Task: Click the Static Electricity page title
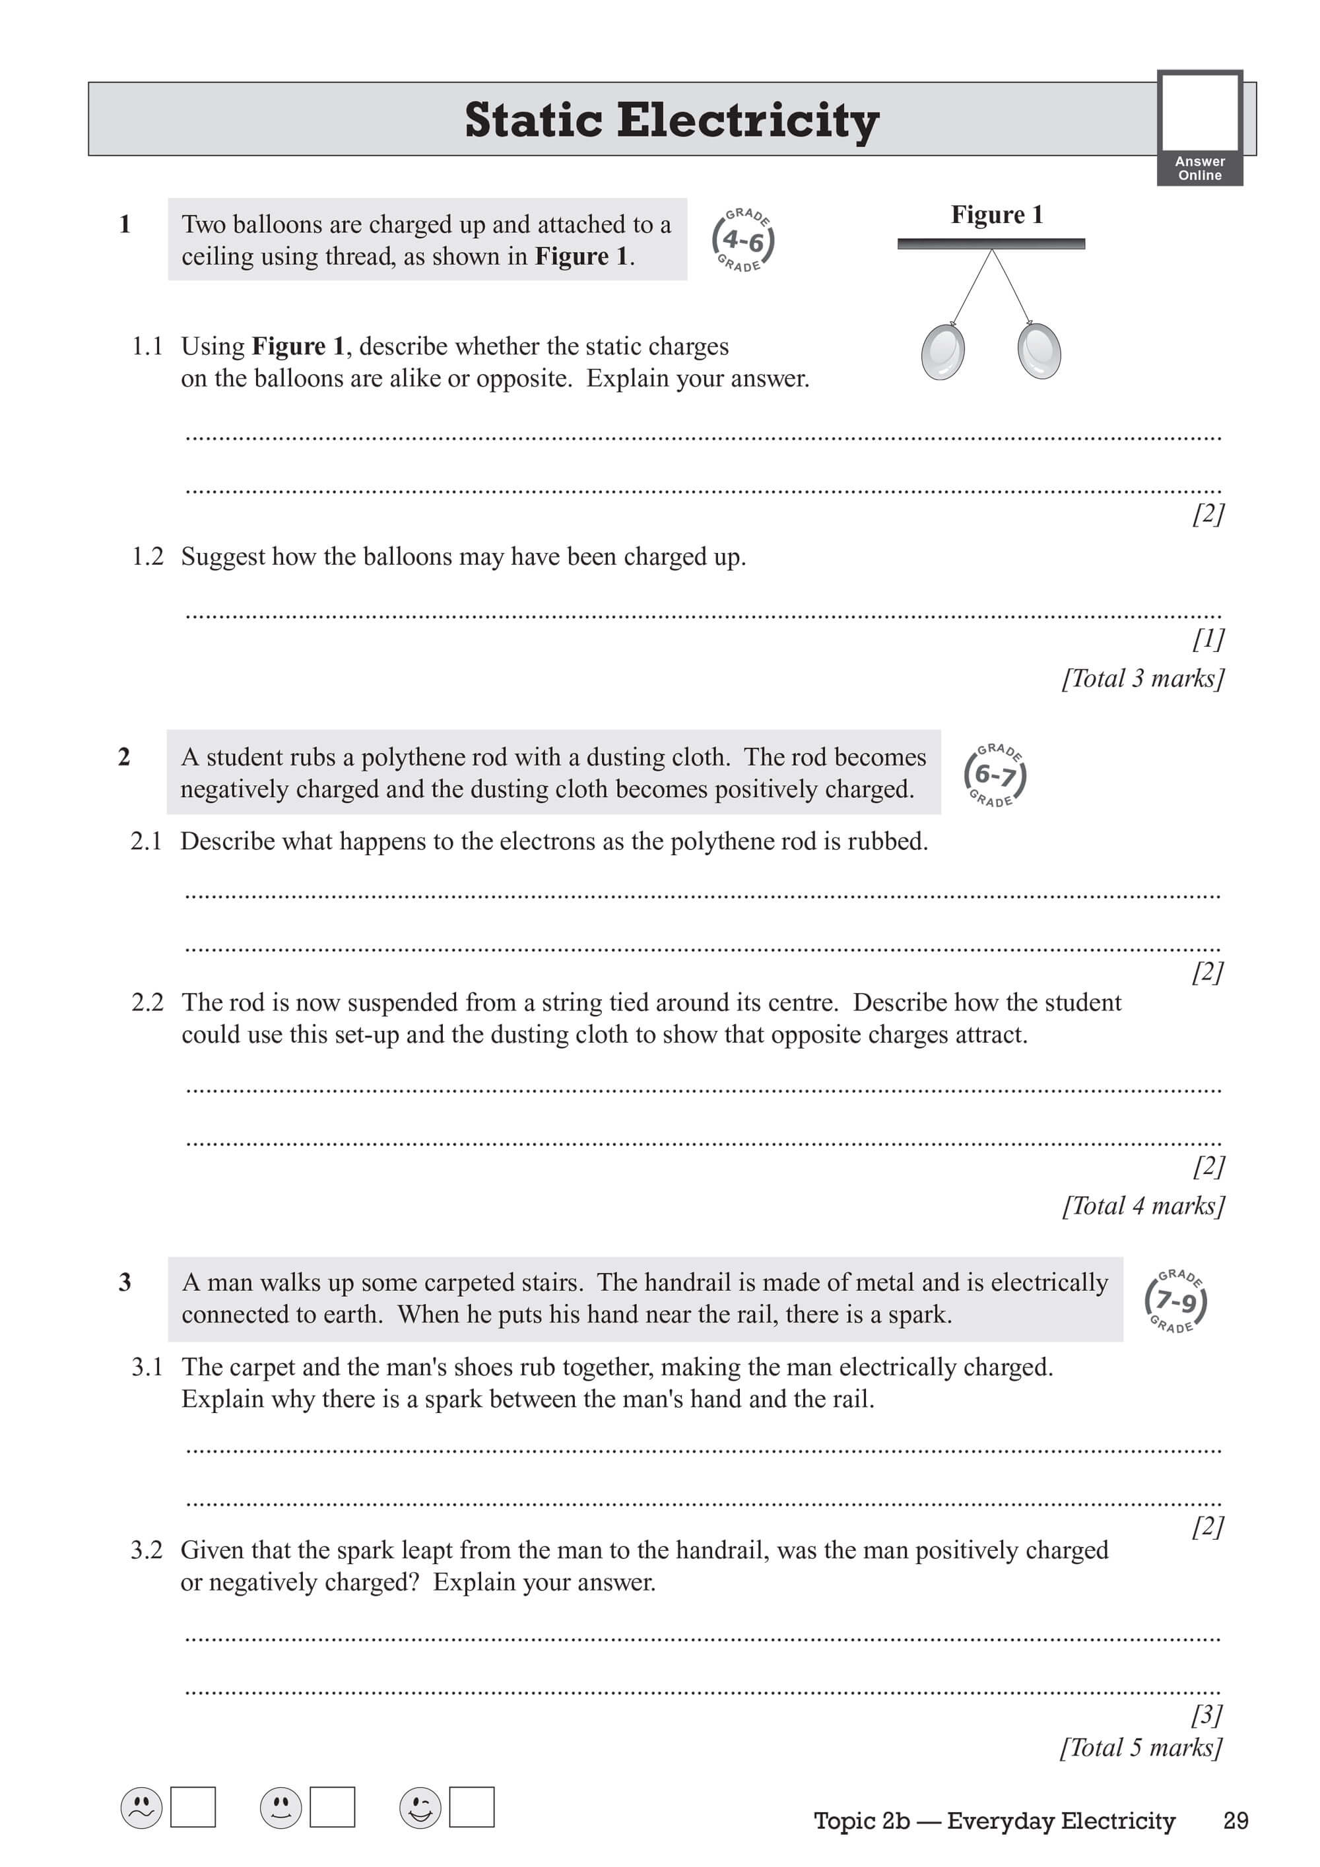click(x=671, y=120)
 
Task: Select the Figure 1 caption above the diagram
click(x=997, y=214)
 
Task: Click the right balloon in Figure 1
click(x=1039, y=350)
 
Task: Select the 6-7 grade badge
click(x=995, y=775)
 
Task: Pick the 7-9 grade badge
click(x=1175, y=1302)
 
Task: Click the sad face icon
click(x=141, y=1808)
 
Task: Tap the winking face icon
click(x=420, y=1808)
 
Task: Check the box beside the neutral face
click(x=333, y=1807)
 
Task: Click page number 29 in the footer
click(x=1236, y=1821)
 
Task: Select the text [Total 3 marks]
click(x=1142, y=678)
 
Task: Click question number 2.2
click(x=147, y=1002)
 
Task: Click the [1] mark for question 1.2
click(x=1208, y=639)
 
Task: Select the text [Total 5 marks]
click(x=1141, y=1748)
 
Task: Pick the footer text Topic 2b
click(x=861, y=1821)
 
